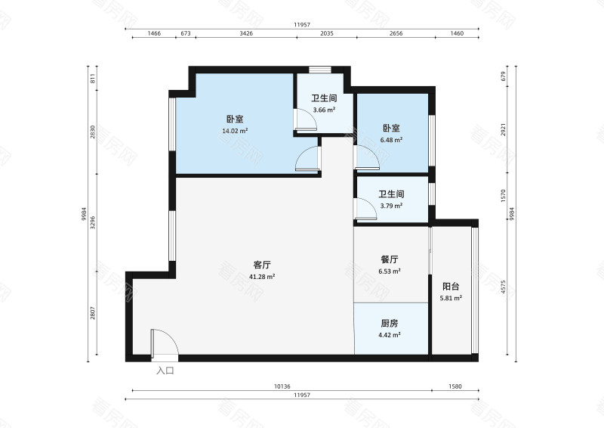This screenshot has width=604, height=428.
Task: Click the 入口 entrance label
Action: pos(165,371)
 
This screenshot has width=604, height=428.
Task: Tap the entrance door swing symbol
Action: pos(165,342)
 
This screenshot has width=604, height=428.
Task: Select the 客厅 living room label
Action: pos(262,265)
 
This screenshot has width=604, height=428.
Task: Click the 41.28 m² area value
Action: pos(262,277)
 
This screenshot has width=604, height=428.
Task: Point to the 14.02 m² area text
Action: pos(235,131)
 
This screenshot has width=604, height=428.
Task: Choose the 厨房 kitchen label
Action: pos(390,324)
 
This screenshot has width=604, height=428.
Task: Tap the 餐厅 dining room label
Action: pos(390,259)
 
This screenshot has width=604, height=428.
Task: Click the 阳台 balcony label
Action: pos(451,287)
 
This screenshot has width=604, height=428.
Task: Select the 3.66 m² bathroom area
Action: pos(324,110)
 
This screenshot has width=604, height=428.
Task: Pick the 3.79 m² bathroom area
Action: pos(391,206)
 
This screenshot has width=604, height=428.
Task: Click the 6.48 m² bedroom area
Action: pos(391,140)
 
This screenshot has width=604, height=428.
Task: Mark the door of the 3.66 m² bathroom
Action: pos(305,119)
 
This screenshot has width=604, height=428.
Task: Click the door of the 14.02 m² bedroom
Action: pos(308,159)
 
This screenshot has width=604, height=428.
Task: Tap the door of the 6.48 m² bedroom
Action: pos(366,158)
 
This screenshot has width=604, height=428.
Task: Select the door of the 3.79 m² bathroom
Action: pos(365,209)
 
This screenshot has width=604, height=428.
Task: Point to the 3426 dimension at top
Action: pos(246,33)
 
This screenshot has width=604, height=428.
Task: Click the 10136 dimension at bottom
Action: pos(282,386)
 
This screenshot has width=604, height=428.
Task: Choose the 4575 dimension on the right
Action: pos(504,287)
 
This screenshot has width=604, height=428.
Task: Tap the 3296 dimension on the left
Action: pos(92,222)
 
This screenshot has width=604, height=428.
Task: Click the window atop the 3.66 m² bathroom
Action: pos(320,70)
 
